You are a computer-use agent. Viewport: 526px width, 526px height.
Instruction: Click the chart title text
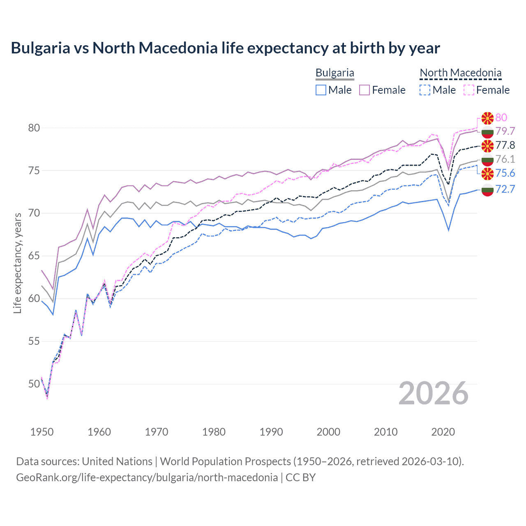pos(225,48)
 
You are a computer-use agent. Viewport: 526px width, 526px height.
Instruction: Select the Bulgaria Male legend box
pos(321,90)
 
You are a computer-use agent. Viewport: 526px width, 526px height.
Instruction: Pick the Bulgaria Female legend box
pos(365,90)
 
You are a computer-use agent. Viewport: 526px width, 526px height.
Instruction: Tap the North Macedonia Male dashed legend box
pos(425,90)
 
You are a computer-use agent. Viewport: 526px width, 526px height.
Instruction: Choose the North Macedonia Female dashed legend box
pos(468,90)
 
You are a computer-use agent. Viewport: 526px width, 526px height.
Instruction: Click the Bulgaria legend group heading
pos(335,73)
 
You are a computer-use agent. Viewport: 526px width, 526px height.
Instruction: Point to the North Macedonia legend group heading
pos(460,73)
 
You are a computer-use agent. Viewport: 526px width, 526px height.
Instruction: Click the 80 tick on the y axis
pos(34,128)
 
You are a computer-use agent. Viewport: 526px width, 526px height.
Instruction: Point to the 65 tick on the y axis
pos(34,256)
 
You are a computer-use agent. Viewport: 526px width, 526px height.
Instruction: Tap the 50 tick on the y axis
pos(34,384)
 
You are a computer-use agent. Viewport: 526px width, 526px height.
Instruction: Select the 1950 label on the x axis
pos(42,432)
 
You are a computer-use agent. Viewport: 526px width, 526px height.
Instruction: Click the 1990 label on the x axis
pos(271,432)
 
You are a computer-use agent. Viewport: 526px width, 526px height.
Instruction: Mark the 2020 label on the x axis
pos(443,432)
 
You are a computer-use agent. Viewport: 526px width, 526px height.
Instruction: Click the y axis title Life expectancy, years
pos(17,263)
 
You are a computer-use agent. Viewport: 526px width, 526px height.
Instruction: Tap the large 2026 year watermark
pos(434,393)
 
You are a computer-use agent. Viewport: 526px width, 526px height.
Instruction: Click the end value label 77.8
pos(505,145)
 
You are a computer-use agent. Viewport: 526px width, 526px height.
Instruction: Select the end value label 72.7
pos(505,189)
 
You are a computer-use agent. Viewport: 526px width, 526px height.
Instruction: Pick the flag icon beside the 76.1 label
pos(487,159)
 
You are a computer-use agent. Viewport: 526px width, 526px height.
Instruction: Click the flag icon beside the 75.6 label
pos(487,173)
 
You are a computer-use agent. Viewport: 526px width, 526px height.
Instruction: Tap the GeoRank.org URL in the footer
pos(147,478)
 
